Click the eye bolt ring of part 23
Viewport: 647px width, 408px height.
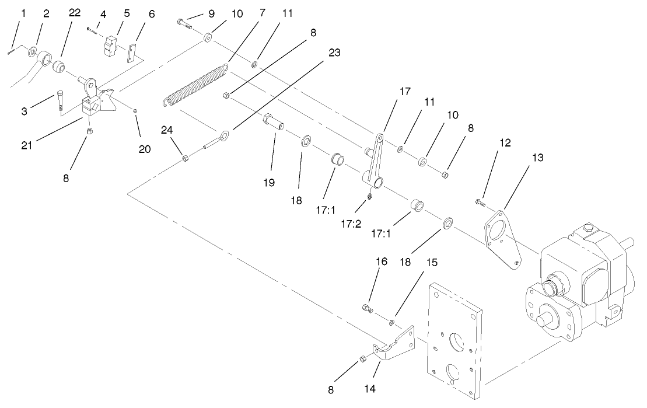click(224, 135)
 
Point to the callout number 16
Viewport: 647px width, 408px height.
click(381, 263)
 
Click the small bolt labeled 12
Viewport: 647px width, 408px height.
click(478, 203)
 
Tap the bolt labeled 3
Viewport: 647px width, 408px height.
click(61, 100)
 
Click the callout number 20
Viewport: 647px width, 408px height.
click(145, 149)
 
